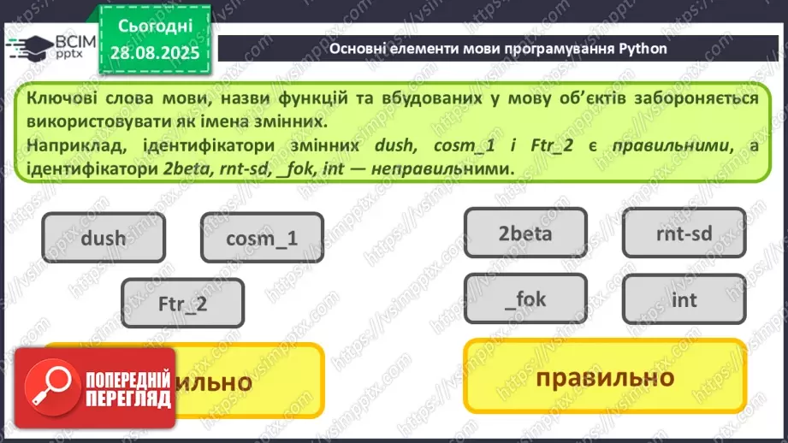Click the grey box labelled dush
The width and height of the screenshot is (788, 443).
(103, 237)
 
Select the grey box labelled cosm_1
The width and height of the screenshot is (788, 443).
(262, 237)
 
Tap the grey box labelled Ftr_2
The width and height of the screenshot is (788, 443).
(182, 304)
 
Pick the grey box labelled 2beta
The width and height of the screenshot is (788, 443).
(525, 233)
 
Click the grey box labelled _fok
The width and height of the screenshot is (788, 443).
(525, 298)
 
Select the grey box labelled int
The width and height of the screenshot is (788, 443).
(684, 299)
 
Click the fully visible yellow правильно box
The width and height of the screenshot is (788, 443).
(604, 377)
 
